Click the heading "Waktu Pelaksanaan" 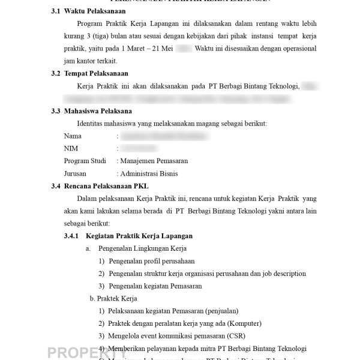(91, 11)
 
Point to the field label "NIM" (70, 148)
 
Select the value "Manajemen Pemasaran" (154, 161)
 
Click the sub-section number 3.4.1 (71, 236)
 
